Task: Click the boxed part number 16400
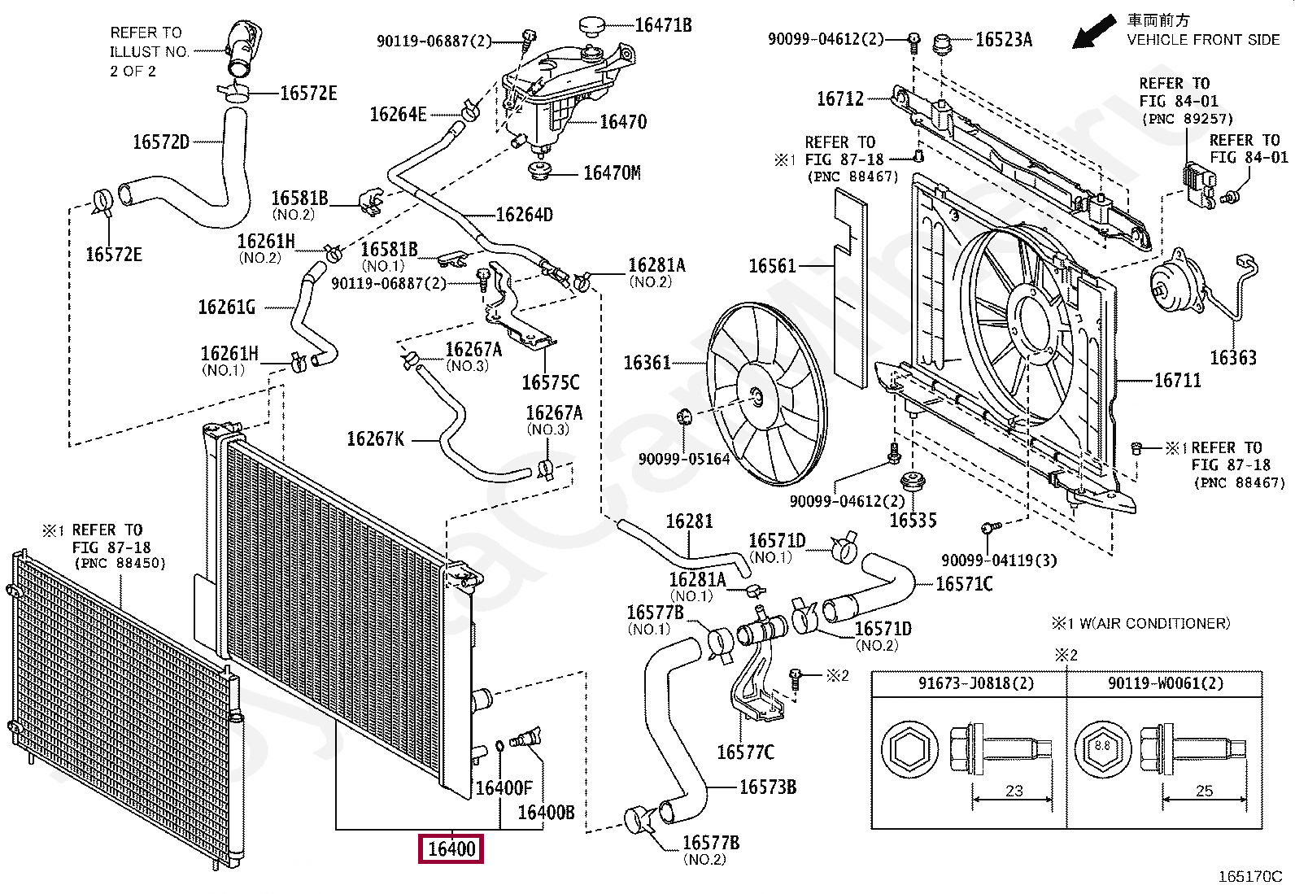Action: pos(451,849)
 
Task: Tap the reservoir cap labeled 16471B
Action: pos(596,26)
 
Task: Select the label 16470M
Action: pos(612,172)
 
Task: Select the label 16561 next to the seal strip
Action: pos(772,266)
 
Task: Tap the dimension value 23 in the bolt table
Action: pos(1014,791)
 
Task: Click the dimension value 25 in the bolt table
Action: pos(1204,791)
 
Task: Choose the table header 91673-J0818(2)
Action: pos(976,683)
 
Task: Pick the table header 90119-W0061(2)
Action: pos(1165,683)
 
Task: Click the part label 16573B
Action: pos(767,787)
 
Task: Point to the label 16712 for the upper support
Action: pos(840,98)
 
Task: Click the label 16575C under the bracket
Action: pos(550,382)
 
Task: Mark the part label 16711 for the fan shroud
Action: pos(1177,380)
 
